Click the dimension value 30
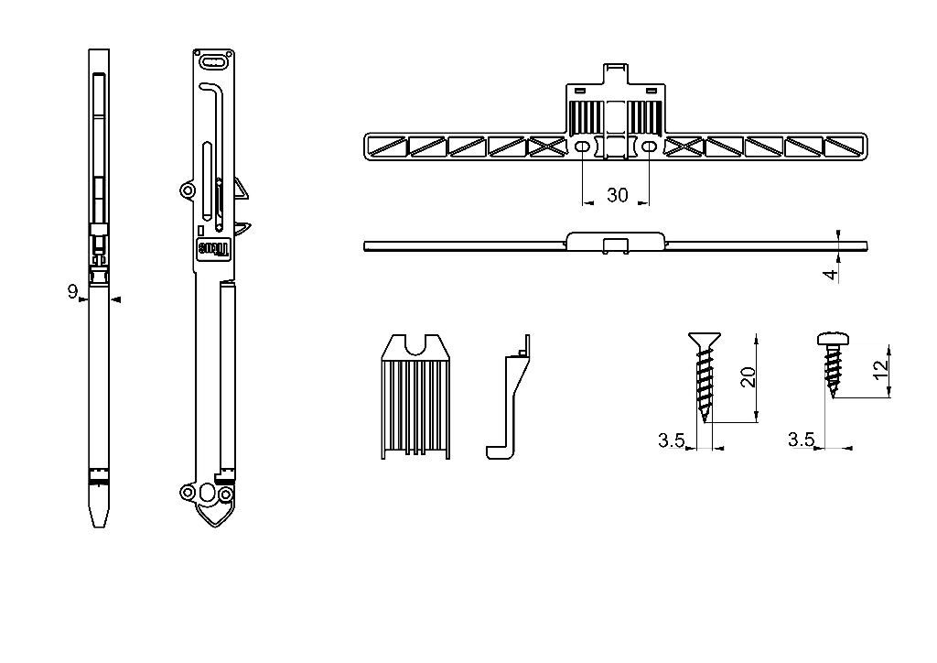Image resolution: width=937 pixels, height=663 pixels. click(x=618, y=195)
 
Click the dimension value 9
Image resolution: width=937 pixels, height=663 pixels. click(x=72, y=291)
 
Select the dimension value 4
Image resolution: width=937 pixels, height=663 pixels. click(x=831, y=275)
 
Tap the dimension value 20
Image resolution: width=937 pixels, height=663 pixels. click(x=749, y=377)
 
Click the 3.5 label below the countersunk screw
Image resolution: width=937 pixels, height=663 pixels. click(x=671, y=440)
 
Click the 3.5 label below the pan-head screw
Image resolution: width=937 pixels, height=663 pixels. click(x=801, y=440)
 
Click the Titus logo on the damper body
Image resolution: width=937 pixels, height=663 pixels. click(x=213, y=249)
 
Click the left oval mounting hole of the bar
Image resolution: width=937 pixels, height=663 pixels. click(x=582, y=147)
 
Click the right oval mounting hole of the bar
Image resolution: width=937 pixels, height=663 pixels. click(x=649, y=147)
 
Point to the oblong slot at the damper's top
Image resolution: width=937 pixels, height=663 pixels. click(x=213, y=61)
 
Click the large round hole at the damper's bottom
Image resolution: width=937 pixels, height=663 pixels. click(x=208, y=493)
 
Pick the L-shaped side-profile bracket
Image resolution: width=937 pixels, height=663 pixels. click(x=508, y=397)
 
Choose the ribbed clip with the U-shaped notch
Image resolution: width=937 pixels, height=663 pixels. click(x=415, y=397)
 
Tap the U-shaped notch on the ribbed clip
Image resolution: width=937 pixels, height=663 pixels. click(x=415, y=345)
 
